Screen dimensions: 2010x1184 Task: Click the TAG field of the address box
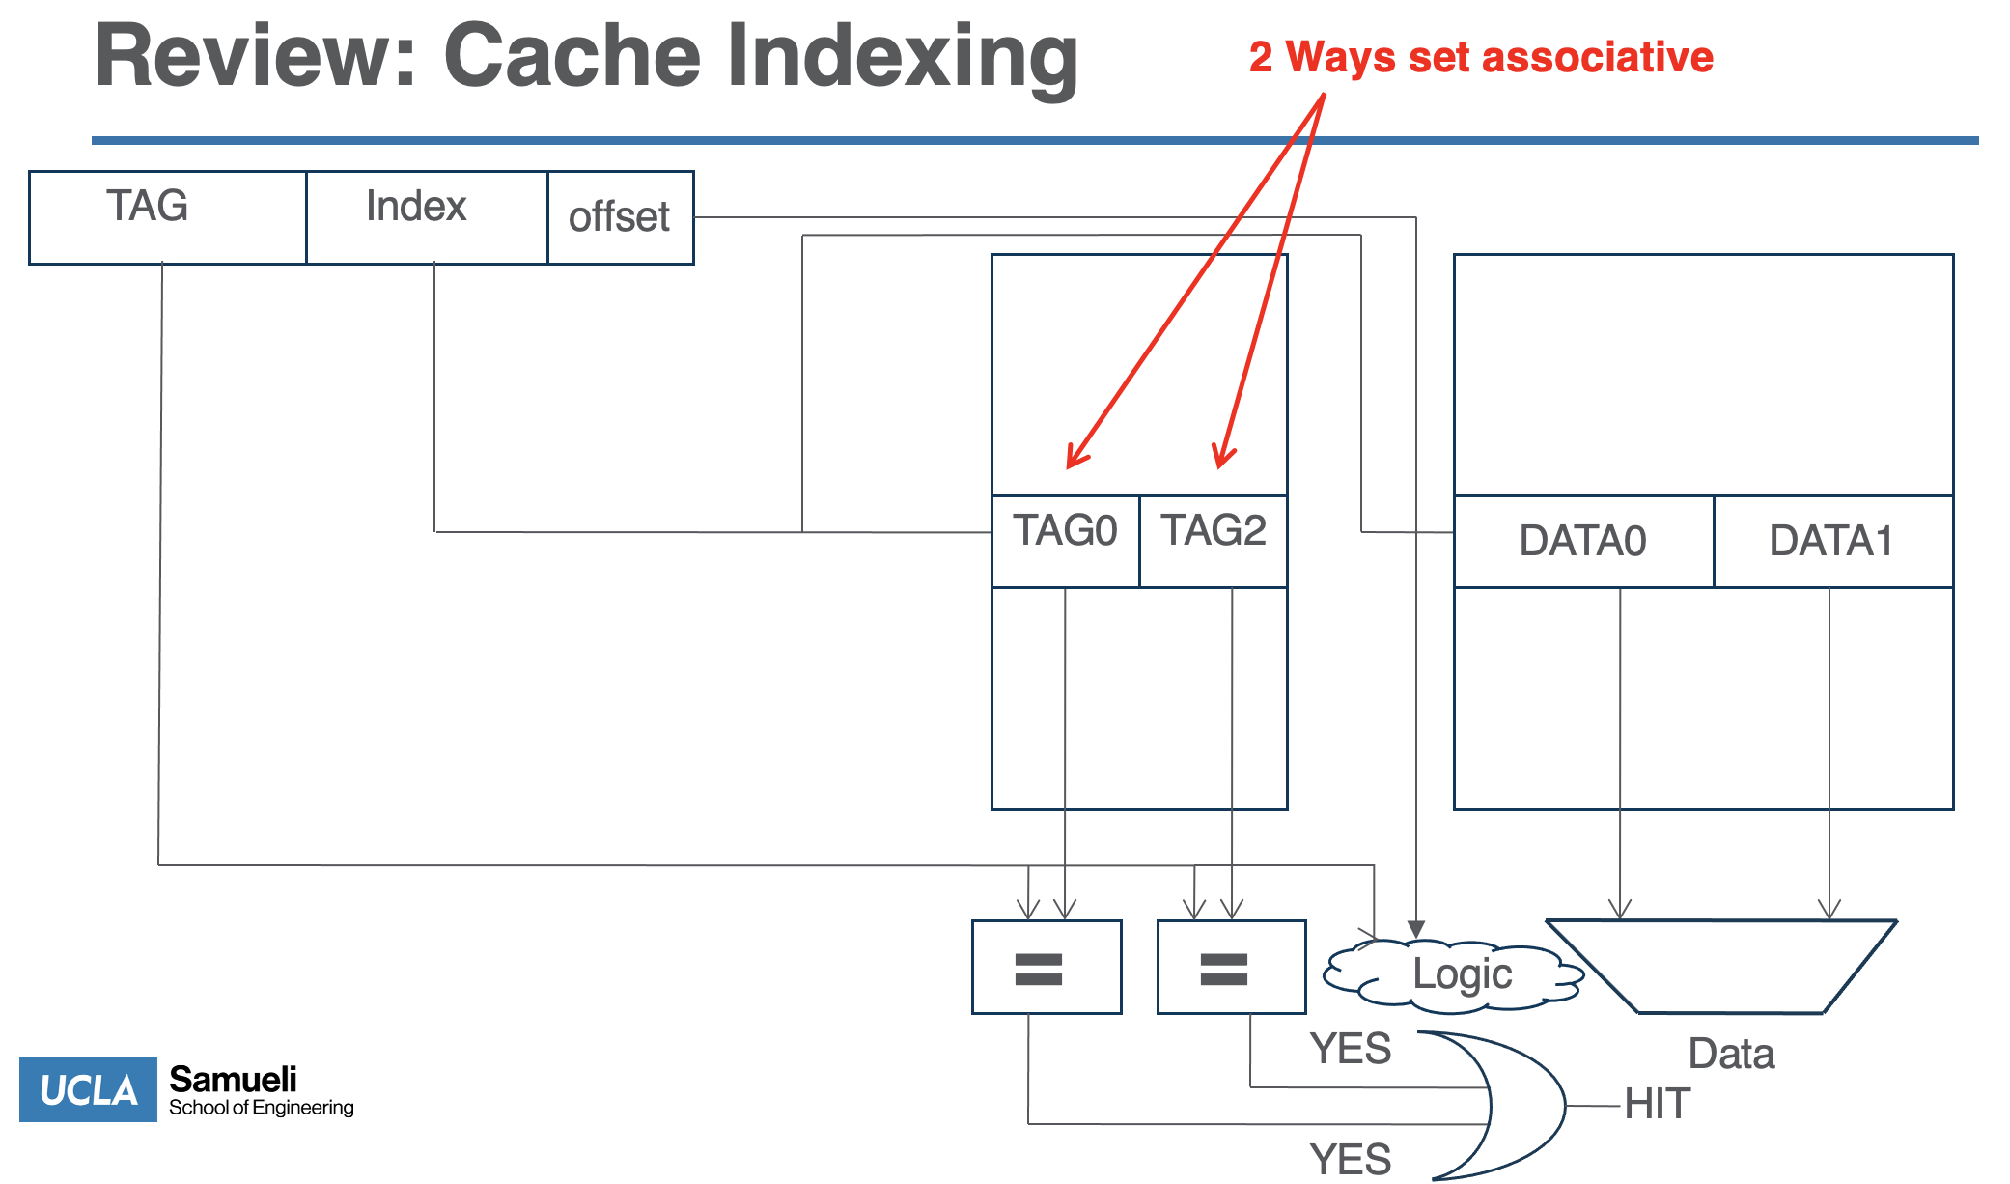point(168,217)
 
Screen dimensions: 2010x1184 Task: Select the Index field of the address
point(427,217)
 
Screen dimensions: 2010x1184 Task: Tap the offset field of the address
point(621,217)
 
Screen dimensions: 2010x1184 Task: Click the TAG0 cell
point(1066,541)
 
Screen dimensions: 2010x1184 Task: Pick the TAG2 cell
point(1214,541)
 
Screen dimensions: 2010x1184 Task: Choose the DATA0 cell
point(1584,541)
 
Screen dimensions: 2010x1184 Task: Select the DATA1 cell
point(1833,541)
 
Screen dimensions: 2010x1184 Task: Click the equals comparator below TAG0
point(1047,967)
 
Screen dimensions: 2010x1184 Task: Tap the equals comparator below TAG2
point(1232,967)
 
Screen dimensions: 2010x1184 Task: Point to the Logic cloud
point(1454,975)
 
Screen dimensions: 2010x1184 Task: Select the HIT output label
point(1658,1104)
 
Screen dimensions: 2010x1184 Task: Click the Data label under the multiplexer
point(1731,1054)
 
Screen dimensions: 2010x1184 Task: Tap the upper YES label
point(1351,1049)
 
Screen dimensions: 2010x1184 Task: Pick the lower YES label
point(1351,1160)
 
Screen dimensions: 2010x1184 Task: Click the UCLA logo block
point(88,1089)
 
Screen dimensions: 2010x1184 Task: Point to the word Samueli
point(233,1079)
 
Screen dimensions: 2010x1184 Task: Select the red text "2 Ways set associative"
point(1481,57)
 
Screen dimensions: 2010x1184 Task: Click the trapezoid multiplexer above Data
point(1722,967)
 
